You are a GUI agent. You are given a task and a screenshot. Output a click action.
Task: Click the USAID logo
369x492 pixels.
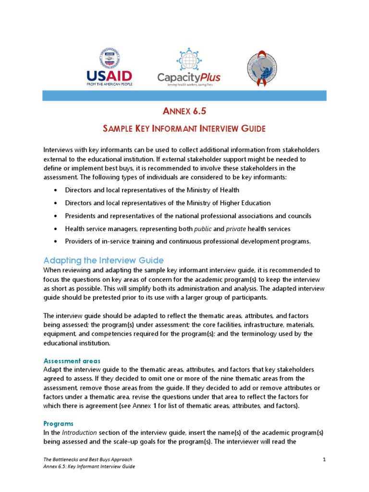coord(109,67)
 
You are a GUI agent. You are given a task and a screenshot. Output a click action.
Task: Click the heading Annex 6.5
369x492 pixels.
coord(184,112)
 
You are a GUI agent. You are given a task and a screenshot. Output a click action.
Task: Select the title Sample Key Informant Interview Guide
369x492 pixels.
coord(184,129)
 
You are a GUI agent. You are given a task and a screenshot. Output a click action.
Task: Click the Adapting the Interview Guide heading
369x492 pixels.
coord(103,260)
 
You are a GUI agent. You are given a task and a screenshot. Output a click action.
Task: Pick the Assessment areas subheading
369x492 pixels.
coord(72,360)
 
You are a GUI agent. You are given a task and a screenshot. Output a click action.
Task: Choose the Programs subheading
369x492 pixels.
coord(58,424)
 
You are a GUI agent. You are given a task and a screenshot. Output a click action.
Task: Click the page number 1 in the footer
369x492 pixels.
coord(324,460)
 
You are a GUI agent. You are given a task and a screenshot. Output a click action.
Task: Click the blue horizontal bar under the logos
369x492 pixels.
coord(184,96)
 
